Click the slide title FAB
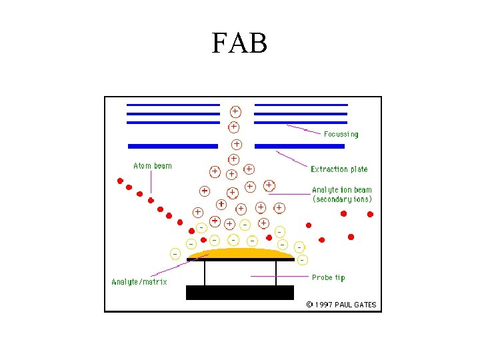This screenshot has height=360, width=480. (x=239, y=44)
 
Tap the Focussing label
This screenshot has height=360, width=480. (x=341, y=134)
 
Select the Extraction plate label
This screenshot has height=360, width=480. (x=339, y=169)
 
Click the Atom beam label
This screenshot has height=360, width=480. (x=152, y=166)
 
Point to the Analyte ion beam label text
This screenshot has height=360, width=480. (x=341, y=190)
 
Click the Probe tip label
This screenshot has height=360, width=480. (x=328, y=277)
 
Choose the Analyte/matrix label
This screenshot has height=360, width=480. (x=139, y=282)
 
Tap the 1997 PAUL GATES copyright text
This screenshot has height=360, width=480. (x=341, y=305)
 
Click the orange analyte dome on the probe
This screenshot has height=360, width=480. (x=239, y=253)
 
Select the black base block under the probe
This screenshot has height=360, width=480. (x=239, y=292)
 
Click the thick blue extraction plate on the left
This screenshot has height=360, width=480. (x=173, y=145)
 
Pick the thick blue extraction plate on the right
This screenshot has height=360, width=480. (x=300, y=145)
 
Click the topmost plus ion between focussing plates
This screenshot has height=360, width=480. (x=235, y=111)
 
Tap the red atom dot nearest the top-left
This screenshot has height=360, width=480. (x=120, y=180)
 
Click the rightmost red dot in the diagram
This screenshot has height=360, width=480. (x=371, y=214)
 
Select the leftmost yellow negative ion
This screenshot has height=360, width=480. (x=175, y=254)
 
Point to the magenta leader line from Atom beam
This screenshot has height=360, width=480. (x=151, y=183)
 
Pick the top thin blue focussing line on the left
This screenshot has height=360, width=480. (x=173, y=105)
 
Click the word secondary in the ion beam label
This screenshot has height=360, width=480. (x=332, y=199)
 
